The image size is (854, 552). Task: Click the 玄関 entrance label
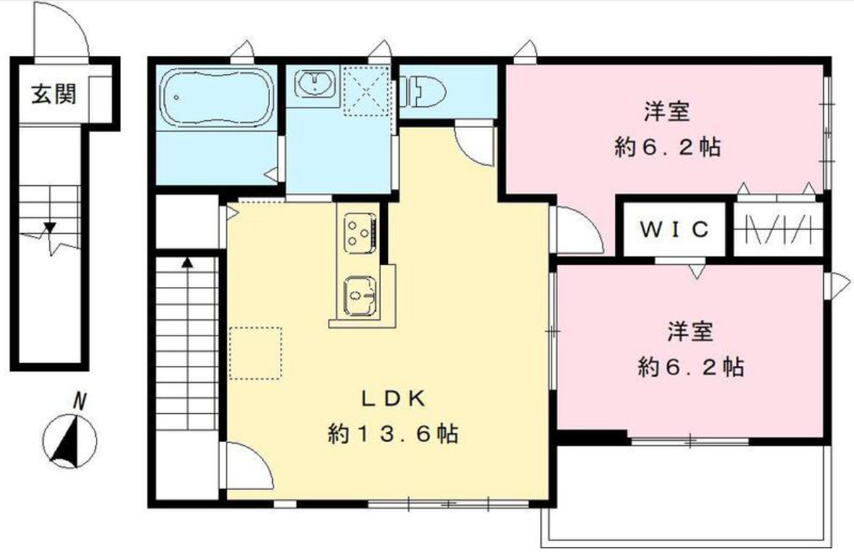pos(53,94)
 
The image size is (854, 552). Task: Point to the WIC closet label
pos(673,230)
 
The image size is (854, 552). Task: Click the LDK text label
pos(392,399)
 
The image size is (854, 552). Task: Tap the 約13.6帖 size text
pos(392,434)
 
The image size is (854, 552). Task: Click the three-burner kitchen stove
pos(358,231)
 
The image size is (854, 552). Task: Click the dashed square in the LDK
pos(255,353)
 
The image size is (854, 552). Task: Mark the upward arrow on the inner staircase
pos(187,262)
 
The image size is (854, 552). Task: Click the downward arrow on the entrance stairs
pos(50,227)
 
